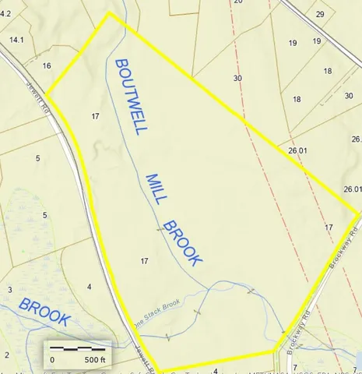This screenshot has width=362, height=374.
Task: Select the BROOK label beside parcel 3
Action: click(45, 311)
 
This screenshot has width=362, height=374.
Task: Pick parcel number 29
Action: click(320, 14)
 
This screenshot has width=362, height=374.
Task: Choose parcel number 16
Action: click(47, 65)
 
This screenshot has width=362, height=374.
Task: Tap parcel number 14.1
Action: click(16, 39)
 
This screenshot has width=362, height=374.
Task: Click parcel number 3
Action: click(9, 289)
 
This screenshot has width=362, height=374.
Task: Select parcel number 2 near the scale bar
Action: click(6, 354)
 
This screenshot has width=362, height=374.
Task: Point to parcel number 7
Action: click(355, 362)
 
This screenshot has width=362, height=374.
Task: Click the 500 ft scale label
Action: click(94, 360)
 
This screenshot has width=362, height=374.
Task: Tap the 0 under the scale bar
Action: click(52, 360)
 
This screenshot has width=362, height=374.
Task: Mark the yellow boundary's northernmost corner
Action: click(108, 12)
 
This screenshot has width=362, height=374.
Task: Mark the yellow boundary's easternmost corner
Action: click(358, 212)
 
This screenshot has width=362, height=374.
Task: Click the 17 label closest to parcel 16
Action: click(95, 116)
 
